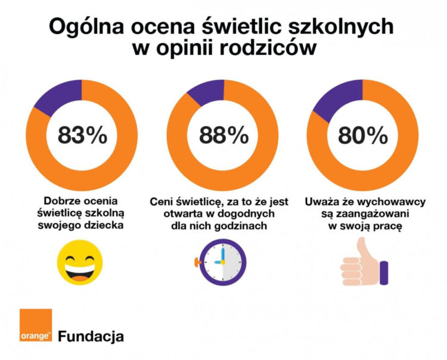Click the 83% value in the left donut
(x=83, y=136)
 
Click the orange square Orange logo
(x=35, y=327)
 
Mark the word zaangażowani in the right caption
(x=370, y=213)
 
